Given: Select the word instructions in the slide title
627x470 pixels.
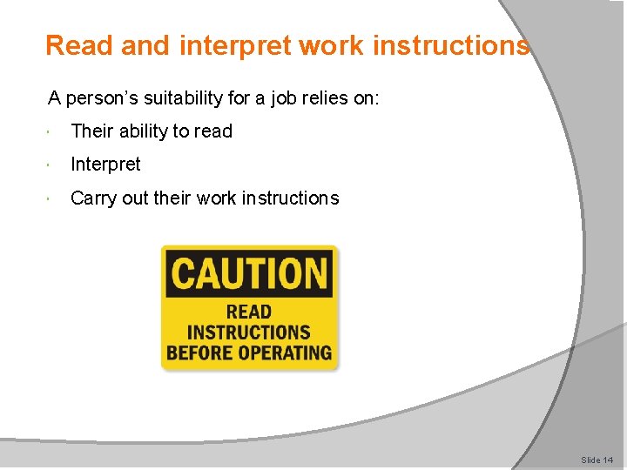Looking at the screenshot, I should coord(452,45).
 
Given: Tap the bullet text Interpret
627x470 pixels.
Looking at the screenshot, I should coord(105,164).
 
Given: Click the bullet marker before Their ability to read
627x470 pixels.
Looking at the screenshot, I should coord(53,132).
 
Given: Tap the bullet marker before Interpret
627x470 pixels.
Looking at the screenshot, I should coord(53,165).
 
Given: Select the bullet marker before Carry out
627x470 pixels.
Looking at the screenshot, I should coord(53,199).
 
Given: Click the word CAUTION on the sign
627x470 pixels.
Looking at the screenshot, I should coord(249,273).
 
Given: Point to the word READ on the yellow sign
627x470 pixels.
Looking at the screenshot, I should coord(249,312).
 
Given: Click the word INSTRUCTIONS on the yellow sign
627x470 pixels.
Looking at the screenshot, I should coord(249,332).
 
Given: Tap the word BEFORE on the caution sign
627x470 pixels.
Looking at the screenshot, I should coord(200,352).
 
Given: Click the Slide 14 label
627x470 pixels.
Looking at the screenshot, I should coord(597,459).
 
